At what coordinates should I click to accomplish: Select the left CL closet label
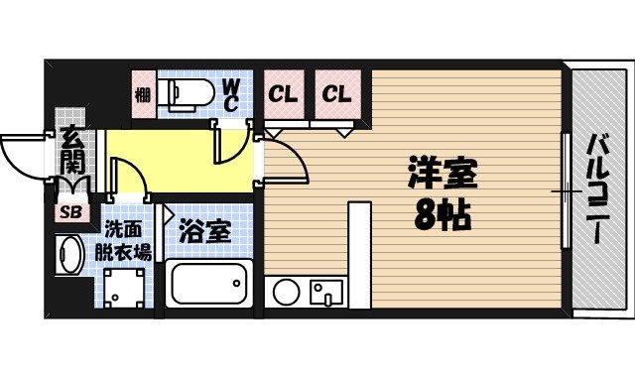point(284,95)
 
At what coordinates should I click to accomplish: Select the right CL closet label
point(336,95)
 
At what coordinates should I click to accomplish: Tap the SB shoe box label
point(71,211)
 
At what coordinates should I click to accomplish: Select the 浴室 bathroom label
point(205,232)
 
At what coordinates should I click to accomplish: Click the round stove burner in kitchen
point(286,292)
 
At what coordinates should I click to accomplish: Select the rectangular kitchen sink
point(325,292)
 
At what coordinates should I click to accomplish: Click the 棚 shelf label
point(142,95)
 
